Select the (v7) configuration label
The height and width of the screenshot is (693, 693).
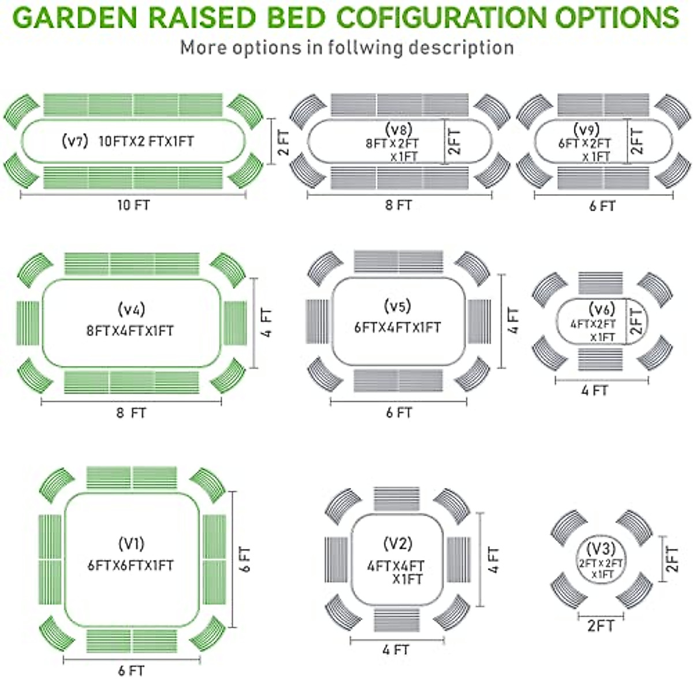click(74, 141)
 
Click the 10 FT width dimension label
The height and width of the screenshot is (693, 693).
click(133, 205)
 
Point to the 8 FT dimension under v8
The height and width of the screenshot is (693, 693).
click(398, 205)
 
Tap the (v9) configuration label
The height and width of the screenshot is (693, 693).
click(587, 129)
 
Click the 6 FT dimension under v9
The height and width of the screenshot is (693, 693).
click(602, 206)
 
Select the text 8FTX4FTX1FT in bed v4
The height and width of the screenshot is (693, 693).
click(130, 331)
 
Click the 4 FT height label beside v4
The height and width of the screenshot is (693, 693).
click(267, 323)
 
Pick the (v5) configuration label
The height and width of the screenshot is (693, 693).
click(397, 305)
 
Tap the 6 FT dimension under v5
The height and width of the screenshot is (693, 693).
click(399, 413)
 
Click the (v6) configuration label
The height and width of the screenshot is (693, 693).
click(602, 309)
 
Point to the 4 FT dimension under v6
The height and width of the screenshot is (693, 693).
click(595, 391)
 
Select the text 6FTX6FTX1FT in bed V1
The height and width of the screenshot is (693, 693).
click(131, 565)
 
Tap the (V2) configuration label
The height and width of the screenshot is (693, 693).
click(398, 543)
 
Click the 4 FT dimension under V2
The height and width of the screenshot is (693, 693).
click(396, 650)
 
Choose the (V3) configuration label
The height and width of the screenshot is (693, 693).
click(601, 548)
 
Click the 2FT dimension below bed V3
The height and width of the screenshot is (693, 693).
click(601, 626)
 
